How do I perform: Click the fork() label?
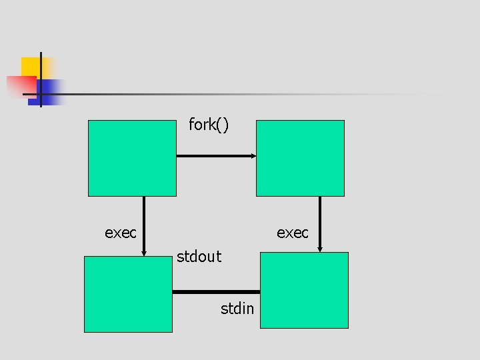[x=209, y=125]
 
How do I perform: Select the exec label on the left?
[x=121, y=233]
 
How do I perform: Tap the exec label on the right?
[x=293, y=233]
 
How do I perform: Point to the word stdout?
[x=199, y=257]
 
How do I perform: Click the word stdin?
[x=237, y=309]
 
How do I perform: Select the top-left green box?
[x=132, y=158]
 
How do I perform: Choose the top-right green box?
[x=300, y=158]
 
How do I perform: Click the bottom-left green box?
[x=128, y=294]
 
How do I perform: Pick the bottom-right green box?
[x=304, y=290]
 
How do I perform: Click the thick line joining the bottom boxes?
[x=215, y=292]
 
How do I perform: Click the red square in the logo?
[x=20, y=86]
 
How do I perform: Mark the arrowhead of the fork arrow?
[x=253, y=156]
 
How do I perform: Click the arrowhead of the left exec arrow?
[x=144, y=253]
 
